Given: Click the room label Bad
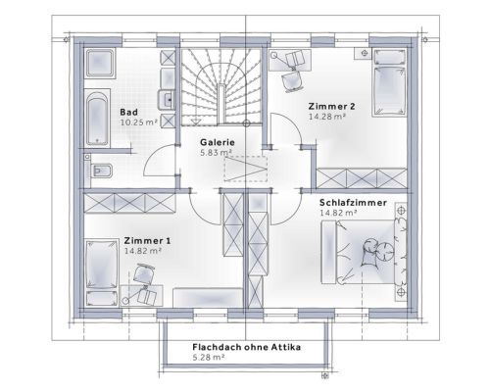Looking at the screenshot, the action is pyautogui.click(x=128, y=112).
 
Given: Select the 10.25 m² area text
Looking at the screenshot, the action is pyautogui.click(x=139, y=122).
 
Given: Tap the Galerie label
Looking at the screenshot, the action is pyautogui.click(x=218, y=142).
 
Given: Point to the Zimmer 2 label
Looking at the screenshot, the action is pyautogui.click(x=331, y=106).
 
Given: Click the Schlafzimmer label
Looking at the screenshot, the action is pyautogui.click(x=353, y=203).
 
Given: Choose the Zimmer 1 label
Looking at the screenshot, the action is pyautogui.click(x=147, y=241).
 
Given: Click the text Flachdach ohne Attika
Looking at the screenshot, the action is pyautogui.click(x=247, y=347).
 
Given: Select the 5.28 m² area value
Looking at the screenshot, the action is pyautogui.click(x=209, y=357).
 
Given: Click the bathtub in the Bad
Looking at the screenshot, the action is pyautogui.click(x=97, y=118).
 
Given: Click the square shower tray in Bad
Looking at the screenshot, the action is pyautogui.click(x=100, y=63).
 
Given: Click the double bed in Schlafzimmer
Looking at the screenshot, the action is pyautogui.click(x=364, y=252).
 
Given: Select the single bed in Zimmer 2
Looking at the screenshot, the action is pyautogui.click(x=389, y=82).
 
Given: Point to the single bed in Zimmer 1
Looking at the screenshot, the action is pyautogui.click(x=102, y=272).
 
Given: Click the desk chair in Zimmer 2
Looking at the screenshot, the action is pyautogui.click(x=292, y=81).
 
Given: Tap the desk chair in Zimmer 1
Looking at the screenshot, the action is pyautogui.click(x=144, y=273).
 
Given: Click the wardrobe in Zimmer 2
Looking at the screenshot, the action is pyautogui.click(x=362, y=178).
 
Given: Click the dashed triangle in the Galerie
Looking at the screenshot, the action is pyautogui.click(x=246, y=169).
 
